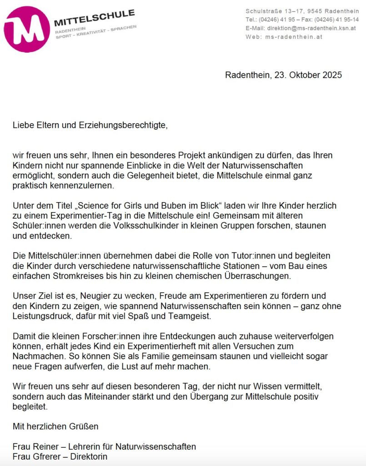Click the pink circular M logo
26,29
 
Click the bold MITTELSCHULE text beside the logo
94,18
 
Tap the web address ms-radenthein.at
294,37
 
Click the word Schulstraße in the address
261,11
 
